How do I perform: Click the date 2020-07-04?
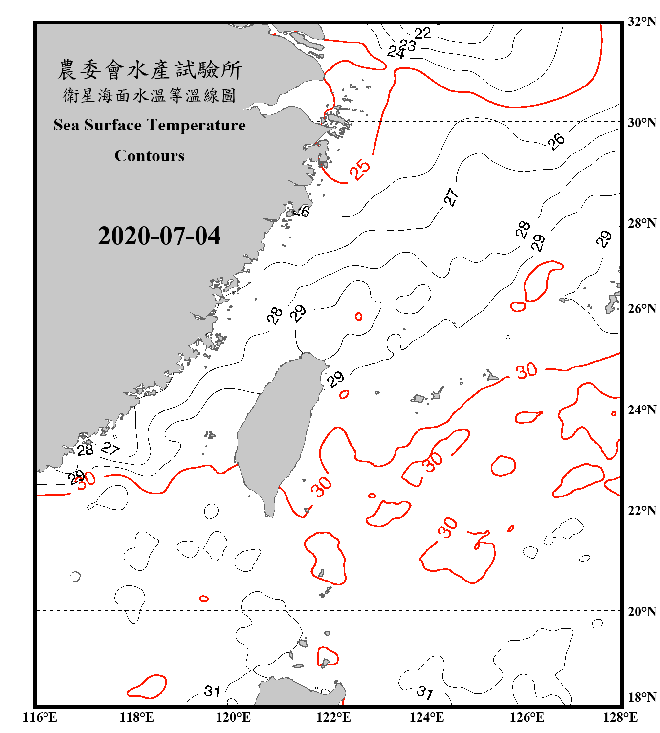159,236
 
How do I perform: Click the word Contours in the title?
150,156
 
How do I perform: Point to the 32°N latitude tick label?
641,22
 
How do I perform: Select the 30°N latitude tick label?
641,123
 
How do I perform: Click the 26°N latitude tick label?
641,309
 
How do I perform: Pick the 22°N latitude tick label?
641,511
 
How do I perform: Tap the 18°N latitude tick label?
641,697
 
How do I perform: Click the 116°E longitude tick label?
40,717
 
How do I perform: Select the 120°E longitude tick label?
234,717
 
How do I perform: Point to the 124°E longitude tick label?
427,717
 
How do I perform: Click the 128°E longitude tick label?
620,717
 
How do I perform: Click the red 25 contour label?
360,170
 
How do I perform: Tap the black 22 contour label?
422,33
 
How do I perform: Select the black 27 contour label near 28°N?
451,197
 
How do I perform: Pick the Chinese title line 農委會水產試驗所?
150,69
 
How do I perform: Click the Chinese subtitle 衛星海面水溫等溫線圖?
150,95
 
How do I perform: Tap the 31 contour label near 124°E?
425,692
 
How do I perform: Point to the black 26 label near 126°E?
556,141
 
